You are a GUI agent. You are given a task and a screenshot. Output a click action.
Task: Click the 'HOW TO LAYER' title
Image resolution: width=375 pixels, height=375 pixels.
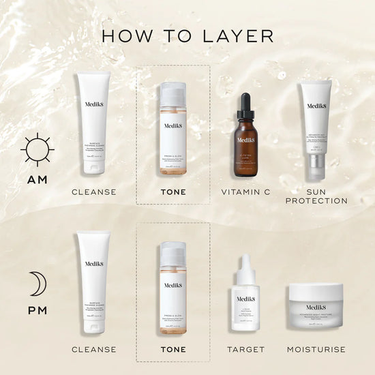pyautogui.click(x=187, y=35)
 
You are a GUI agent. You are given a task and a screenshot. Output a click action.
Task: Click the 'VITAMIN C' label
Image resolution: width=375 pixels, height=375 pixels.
pyautogui.click(x=245, y=192)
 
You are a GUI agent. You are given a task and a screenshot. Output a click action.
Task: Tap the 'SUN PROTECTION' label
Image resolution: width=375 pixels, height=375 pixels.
pyautogui.click(x=316, y=196)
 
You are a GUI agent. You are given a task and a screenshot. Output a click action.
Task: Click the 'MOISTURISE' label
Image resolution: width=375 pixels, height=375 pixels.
pyautogui.click(x=316, y=349)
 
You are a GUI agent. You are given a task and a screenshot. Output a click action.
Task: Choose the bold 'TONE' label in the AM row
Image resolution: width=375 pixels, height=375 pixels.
pyautogui.click(x=172, y=192)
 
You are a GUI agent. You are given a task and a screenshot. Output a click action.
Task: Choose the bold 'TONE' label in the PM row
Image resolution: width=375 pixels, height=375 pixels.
pyautogui.click(x=172, y=349)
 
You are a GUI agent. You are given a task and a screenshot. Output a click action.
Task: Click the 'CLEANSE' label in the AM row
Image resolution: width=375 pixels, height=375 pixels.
pyautogui.click(x=94, y=192)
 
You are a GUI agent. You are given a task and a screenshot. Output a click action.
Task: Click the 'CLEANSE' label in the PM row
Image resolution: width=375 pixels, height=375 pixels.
pyautogui.click(x=94, y=349)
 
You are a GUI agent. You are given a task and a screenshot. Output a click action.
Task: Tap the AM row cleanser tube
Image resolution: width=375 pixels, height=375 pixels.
pyautogui.click(x=95, y=126)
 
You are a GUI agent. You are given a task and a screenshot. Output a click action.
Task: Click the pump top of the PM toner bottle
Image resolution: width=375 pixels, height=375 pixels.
pyautogui.click(x=172, y=250)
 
